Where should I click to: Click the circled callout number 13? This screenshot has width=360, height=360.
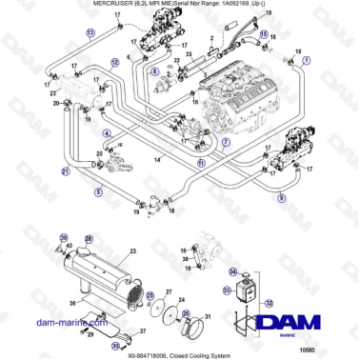[90, 32]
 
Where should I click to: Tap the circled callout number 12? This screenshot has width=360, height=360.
[115, 62]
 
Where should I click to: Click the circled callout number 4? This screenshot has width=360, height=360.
[107, 133]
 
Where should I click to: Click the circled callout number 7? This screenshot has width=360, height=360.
[226, 141]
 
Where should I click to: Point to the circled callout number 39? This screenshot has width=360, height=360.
[64, 237]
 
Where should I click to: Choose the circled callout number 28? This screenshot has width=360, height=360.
[89, 239]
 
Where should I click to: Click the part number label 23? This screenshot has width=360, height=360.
[133, 250]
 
